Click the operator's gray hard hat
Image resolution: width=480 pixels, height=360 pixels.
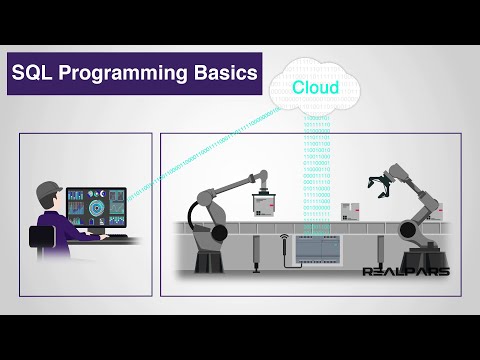(47, 188)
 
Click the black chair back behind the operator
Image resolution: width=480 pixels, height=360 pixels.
(40, 237)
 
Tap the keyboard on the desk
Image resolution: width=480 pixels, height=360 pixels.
(117, 238)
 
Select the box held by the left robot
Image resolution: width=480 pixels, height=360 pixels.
(261, 204)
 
